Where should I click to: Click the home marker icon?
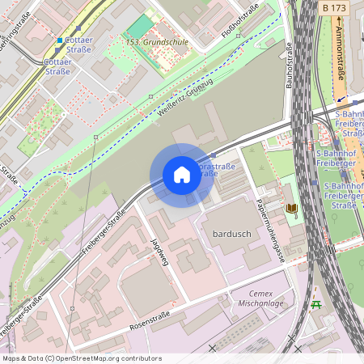(182, 175)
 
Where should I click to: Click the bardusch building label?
(233, 234)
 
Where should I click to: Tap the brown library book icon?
(291, 209)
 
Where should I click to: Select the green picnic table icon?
(315, 304)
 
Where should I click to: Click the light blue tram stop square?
(59, 40)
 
